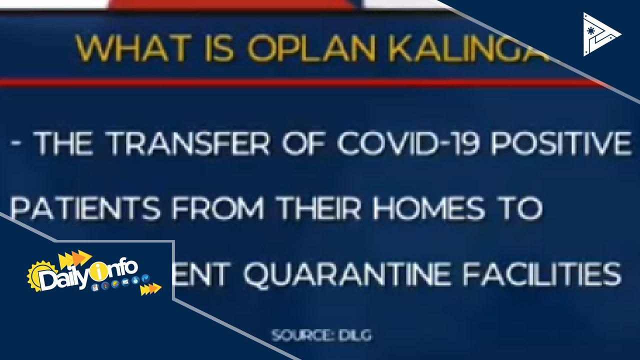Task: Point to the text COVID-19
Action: coord(408,143)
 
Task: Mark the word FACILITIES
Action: coord(541,274)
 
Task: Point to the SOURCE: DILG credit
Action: coord(321,335)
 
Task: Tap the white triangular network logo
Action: coord(600,34)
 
